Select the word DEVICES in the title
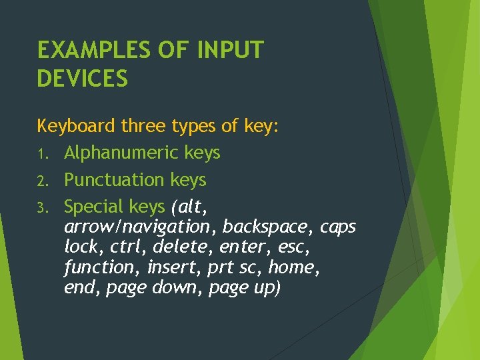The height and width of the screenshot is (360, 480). (82, 79)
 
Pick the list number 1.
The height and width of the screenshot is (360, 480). (41, 154)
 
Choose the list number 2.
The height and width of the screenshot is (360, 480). (41, 181)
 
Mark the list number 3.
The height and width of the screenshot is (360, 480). (41, 207)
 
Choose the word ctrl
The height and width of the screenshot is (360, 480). (131, 247)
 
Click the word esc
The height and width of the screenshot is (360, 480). (292, 247)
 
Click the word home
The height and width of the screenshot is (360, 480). (293, 267)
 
